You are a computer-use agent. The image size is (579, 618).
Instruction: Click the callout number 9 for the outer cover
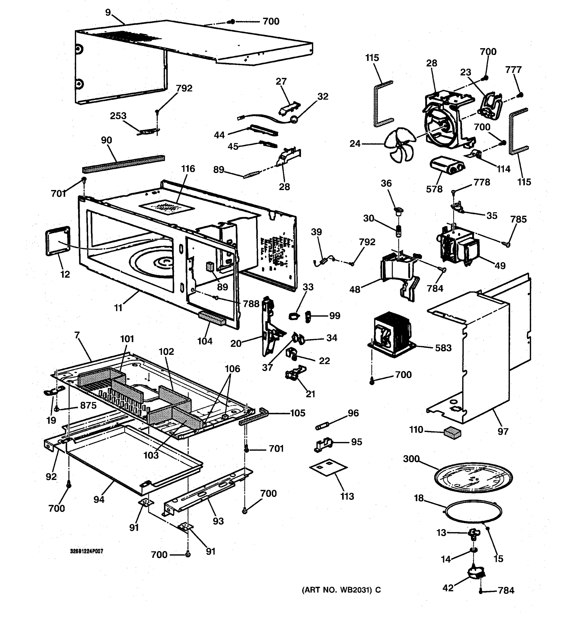108,13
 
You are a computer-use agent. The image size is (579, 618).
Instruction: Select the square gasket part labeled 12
58,241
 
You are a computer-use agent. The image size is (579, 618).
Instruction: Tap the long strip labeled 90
123,164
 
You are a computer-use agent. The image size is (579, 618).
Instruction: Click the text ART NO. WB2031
341,590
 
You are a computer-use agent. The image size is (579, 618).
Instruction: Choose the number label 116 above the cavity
188,169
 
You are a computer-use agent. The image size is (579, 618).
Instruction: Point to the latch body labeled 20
269,327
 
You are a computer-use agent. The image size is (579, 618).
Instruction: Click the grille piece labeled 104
212,318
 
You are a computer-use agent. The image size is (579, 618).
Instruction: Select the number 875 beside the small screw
88,405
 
